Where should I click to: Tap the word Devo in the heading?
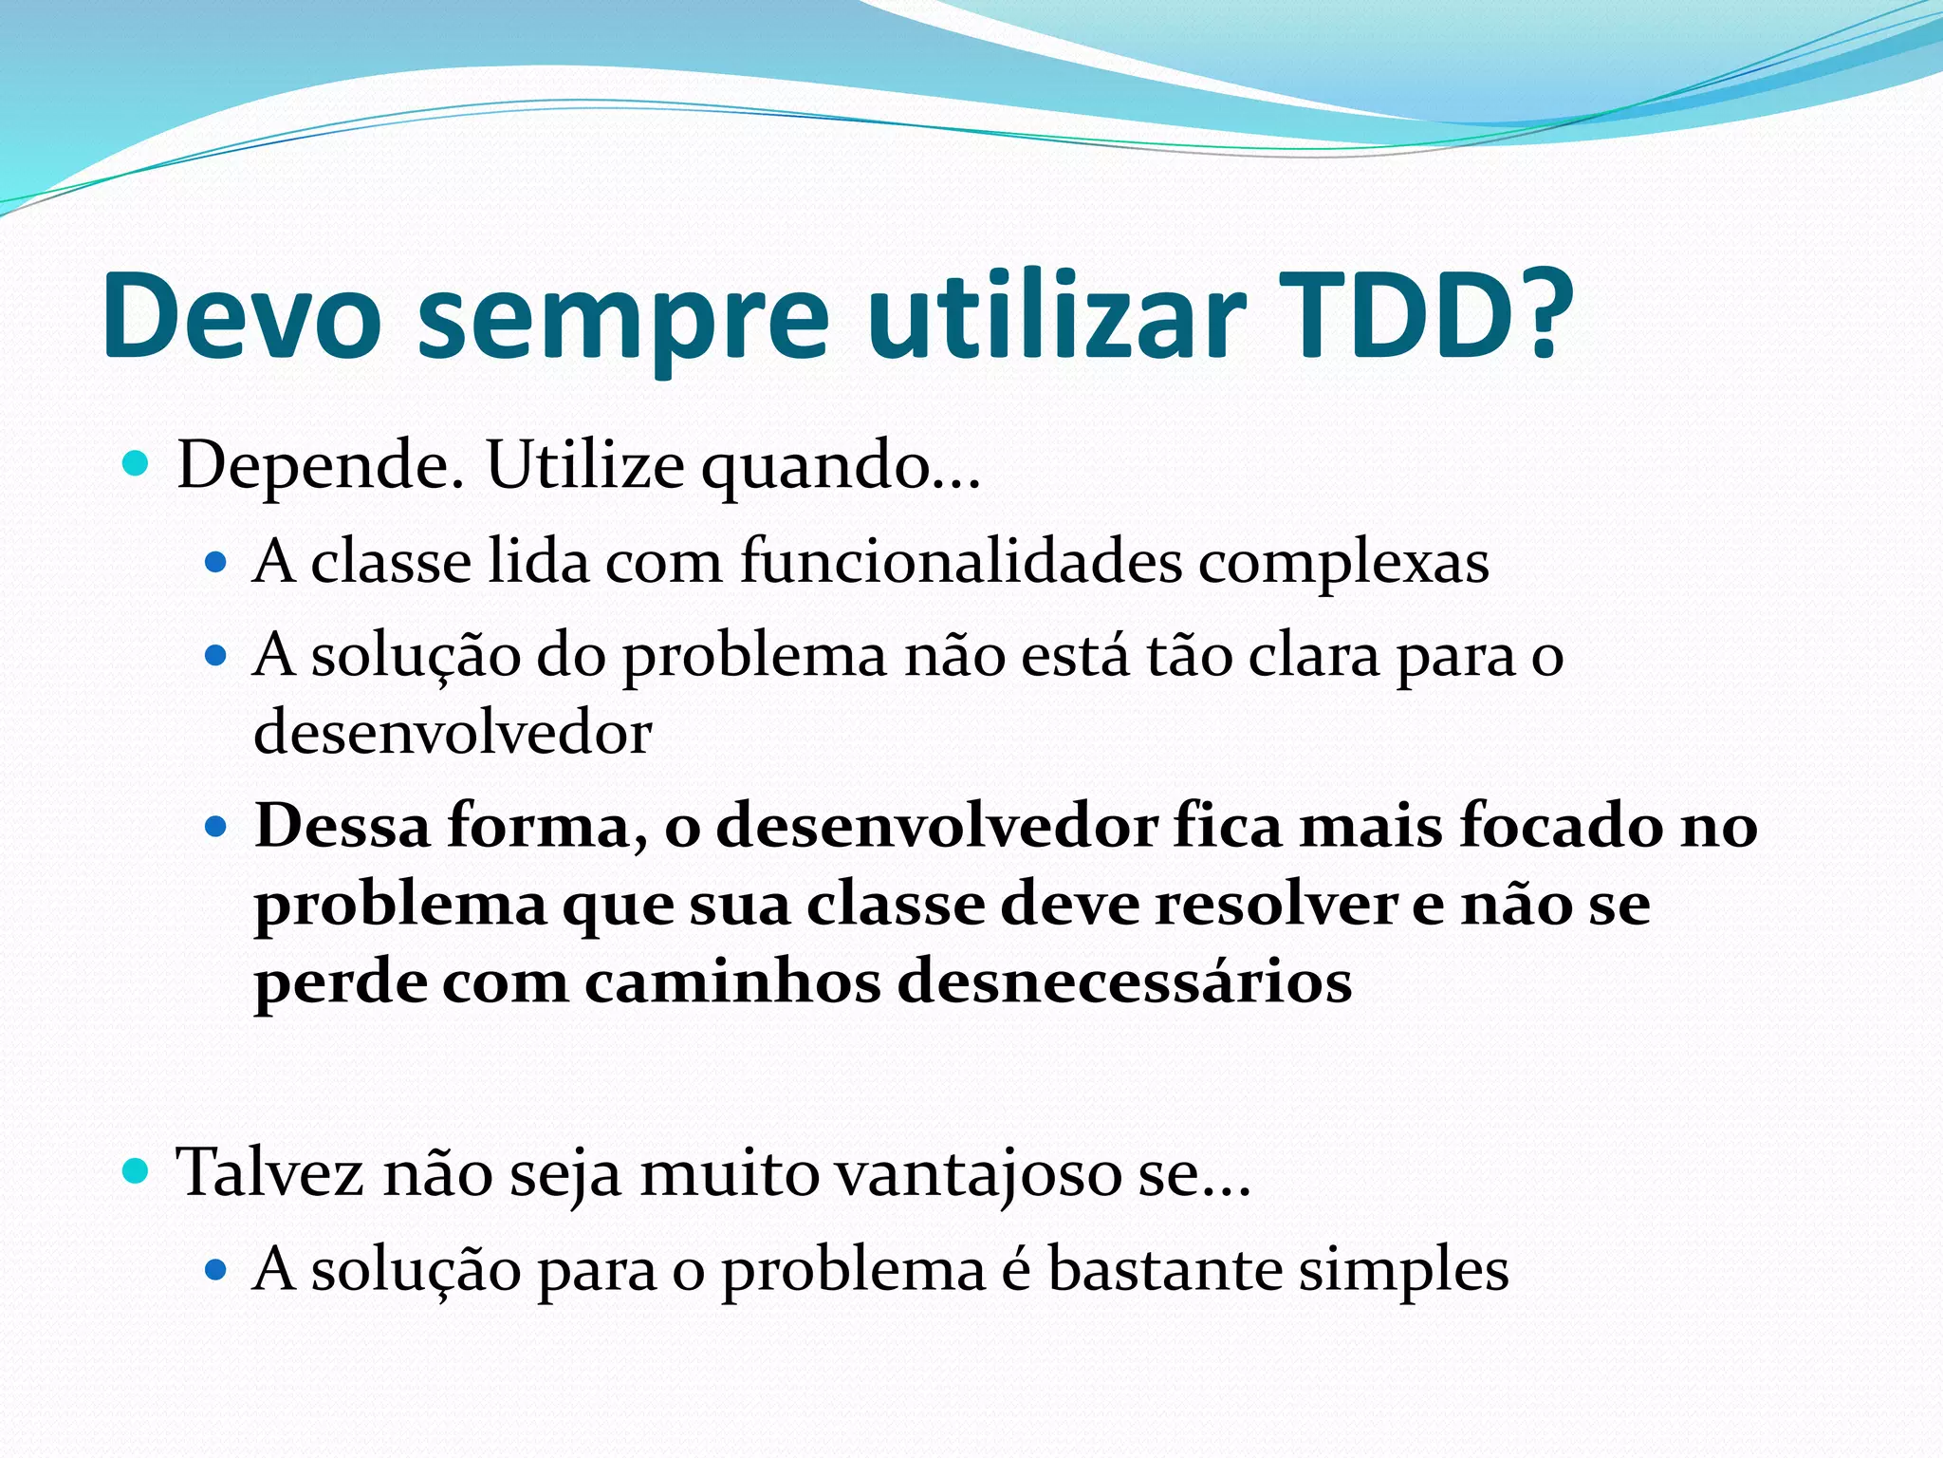pyautogui.click(x=242, y=315)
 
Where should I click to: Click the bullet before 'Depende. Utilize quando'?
pyautogui.click(x=137, y=464)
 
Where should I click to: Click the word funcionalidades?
pyautogui.click(x=961, y=561)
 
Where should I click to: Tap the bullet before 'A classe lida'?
pyautogui.click(x=216, y=563)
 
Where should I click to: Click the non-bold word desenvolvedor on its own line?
pyautogui.click(x=453, y=733)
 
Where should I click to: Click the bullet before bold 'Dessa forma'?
pyautogui.click(x=216, y=827)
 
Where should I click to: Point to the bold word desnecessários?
pyautogui.click(x=1124, y=981)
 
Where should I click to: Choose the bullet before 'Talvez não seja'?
pyautogui.click(x=137, y=1172)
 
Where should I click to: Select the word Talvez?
pyautogui.click(x=270, y=1172)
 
